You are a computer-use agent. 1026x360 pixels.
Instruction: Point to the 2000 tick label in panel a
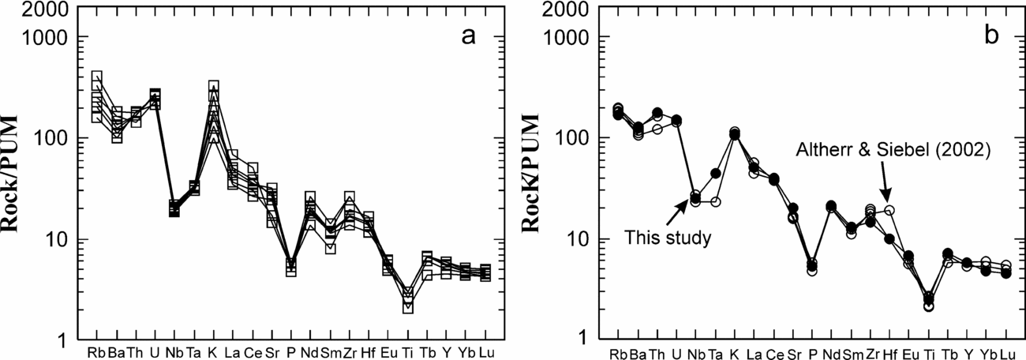coord(51,10)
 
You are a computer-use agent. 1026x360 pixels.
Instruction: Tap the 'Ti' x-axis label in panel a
coord(407,351)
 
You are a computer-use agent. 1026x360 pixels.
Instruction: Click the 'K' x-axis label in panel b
coord(734,351)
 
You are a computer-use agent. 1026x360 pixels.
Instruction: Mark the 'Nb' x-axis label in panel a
coord(174,351)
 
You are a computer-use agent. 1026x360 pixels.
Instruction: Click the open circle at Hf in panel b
coord(889,211)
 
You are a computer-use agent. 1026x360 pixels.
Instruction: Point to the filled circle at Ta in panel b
coord(716,174)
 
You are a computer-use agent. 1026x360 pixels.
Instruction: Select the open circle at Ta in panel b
coord(716,202)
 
